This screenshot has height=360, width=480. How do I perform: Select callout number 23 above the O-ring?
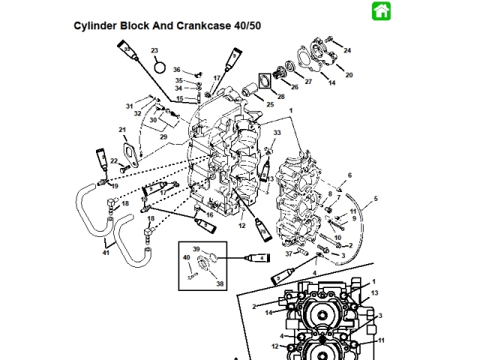(155, 50)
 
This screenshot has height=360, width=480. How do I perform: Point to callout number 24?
(347, 49)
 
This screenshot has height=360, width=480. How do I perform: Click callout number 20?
(349, 75)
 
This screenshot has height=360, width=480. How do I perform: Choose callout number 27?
(308, 81)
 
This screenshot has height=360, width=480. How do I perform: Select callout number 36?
(177, 70)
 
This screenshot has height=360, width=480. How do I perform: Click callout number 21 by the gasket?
(122, 130)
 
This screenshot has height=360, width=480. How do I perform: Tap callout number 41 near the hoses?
(106, 253)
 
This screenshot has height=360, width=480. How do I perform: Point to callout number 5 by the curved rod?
(376, 199)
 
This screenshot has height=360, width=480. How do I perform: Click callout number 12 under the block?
(242, 225)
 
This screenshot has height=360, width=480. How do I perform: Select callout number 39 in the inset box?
(196, 249)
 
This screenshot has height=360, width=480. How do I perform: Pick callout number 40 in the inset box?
(186, 258)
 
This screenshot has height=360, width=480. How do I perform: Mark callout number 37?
(289, 253)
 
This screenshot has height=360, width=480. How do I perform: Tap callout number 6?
(349, 175)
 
